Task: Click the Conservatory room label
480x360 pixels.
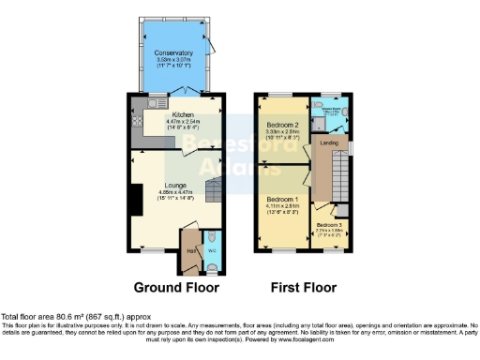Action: point(175,53)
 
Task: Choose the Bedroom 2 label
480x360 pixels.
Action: point(281,125)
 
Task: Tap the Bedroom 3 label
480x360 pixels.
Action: point(328,225)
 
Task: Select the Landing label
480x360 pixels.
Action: point(329,142)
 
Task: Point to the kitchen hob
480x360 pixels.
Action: point(136,119)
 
